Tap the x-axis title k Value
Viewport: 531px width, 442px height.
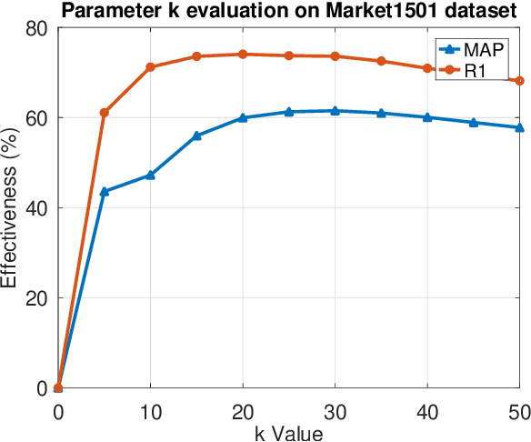pyautogui.click(x=289, y=433)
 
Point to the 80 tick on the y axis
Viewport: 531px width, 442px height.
pyautogui.click(x=37, y=28)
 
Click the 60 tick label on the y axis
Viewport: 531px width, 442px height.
pyautogui.click(x=37, y=118)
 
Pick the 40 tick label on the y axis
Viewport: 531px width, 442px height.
pyautogui.click(x=37, y=208)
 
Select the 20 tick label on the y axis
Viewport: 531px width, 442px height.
pyautogui.click(x=37, y=298)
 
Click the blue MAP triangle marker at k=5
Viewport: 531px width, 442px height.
pyautogui.click(x=105, y=192)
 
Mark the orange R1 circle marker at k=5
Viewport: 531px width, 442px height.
pyautogui.click(x=105, y=113)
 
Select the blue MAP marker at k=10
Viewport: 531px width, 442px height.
pyautogui.click(x=150, y=175)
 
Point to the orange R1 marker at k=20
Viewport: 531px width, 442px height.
pyautogui.click(x=243, y=55)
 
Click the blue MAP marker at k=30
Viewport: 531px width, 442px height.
pyautogui.click(x=335, y=111)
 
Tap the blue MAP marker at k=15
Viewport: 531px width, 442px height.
pyautogui.click(x=196, y=136)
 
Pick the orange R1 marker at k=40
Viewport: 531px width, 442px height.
pyautogui.click(x=427, y=68)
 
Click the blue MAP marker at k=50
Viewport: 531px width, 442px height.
pyautogui.click(x=519, y=127)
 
